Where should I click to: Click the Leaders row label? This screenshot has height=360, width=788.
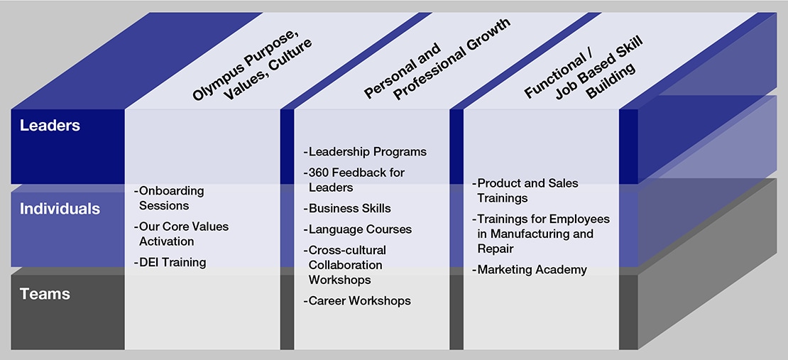[50, 125]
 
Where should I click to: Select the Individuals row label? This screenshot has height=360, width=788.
[60, 209]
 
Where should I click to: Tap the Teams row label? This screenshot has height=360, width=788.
[45, 294]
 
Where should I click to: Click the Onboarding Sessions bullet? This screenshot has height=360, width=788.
[169, 198]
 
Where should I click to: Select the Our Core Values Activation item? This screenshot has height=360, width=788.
[181, 234]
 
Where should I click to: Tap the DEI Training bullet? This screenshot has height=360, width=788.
[170, 263]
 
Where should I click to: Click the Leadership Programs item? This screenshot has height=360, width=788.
[365, 152]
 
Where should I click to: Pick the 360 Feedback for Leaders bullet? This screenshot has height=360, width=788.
[354, 180]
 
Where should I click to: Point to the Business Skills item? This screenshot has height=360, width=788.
[346, 209]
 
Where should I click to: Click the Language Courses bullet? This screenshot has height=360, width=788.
[357, 230]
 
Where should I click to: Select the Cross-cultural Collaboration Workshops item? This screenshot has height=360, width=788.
[345, 264]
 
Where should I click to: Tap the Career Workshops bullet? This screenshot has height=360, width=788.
[357, 301]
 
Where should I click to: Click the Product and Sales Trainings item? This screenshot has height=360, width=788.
[525, 190]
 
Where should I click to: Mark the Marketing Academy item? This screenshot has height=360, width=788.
[529, 270]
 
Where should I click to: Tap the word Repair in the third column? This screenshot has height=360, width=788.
[496, 249]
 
